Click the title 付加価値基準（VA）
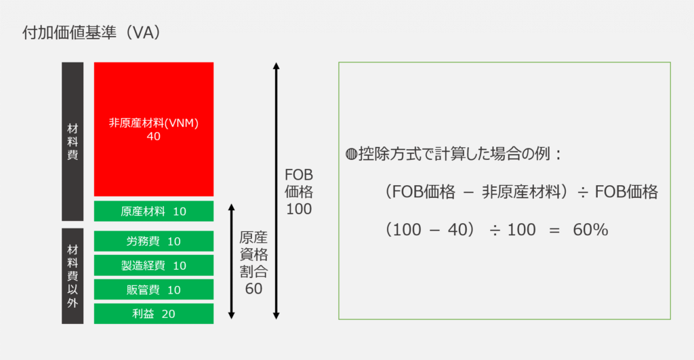[91, 33]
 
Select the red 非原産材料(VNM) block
[154, 129]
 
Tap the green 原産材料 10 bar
[154, 212]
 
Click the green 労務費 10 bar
[154, 241]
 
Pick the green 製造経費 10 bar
[154, 265]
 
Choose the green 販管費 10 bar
[154, 289]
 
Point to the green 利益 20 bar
[154, 313]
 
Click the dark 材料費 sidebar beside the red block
[73, 142]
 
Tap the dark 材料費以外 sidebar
[73, 277]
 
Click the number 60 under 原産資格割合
[253, 289]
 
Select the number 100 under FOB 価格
[299, 209]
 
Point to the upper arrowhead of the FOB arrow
[277, 66]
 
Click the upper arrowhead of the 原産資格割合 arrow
[231, 207]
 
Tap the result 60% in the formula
[590, 230]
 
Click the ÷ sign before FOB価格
[582, 193]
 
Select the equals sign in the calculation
[554, 231]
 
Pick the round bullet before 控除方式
[351, 155]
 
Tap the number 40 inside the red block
[154, 136]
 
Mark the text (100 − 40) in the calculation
[429, 230]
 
